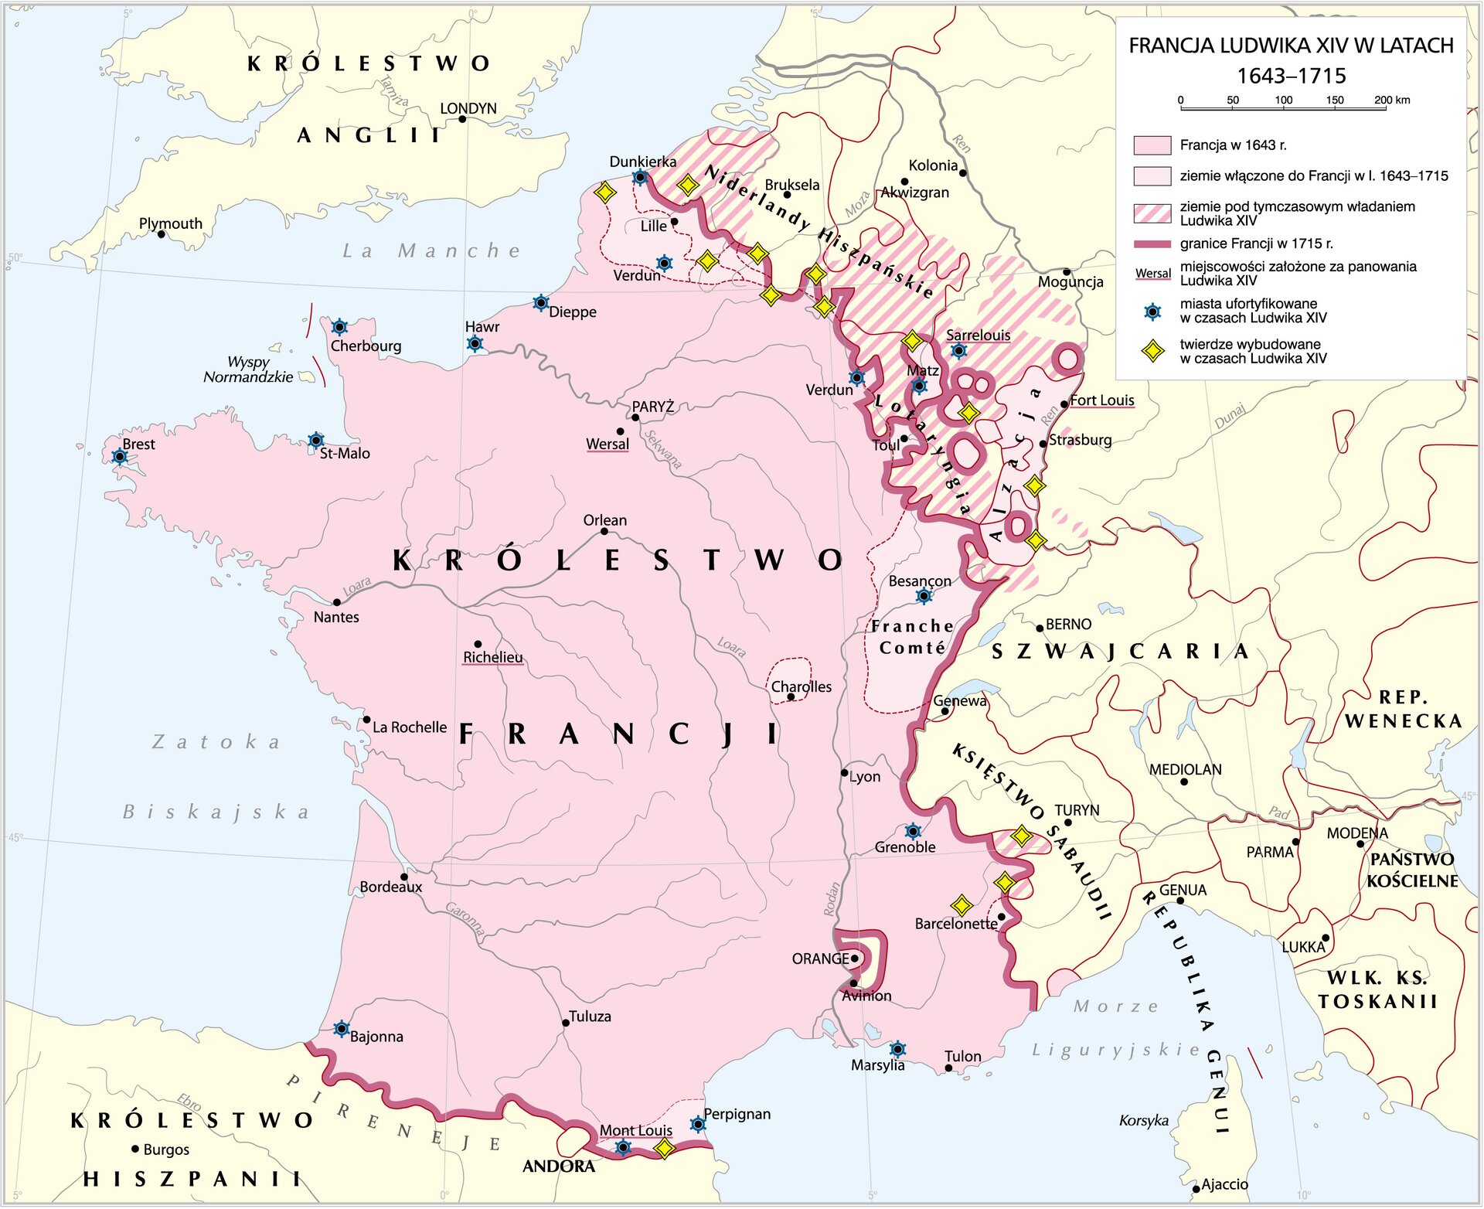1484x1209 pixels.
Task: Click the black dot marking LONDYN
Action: tap(462, 120)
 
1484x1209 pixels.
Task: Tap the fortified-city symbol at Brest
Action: tap(120, 457)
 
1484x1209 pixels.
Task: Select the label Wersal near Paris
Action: tap(608, 444)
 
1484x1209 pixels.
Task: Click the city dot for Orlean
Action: tap(604, 532)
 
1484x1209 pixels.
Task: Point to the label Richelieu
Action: tap(492, 658)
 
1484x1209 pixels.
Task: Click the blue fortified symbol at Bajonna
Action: tap(341, 1029)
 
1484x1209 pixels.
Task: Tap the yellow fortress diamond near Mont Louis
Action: tap(664, 1149)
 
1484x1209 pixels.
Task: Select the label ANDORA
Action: tap(558, 1166)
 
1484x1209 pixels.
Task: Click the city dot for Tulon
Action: tap(948, 1068)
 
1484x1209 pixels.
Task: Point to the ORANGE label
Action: tap(820, 959)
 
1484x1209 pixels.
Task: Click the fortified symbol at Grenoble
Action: tap(913, 832)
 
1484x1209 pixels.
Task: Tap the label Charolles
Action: tap(802, 687)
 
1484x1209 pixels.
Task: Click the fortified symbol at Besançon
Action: tap(924, 596)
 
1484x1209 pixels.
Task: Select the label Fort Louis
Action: tap(1101, 400)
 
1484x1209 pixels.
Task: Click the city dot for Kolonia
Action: tap(962, 173)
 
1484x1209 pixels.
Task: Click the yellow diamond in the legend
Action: tap(1152, 351)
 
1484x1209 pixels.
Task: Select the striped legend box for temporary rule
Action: tap(1152, 213)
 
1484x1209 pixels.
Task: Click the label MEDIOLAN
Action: tap(1185, 770)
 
